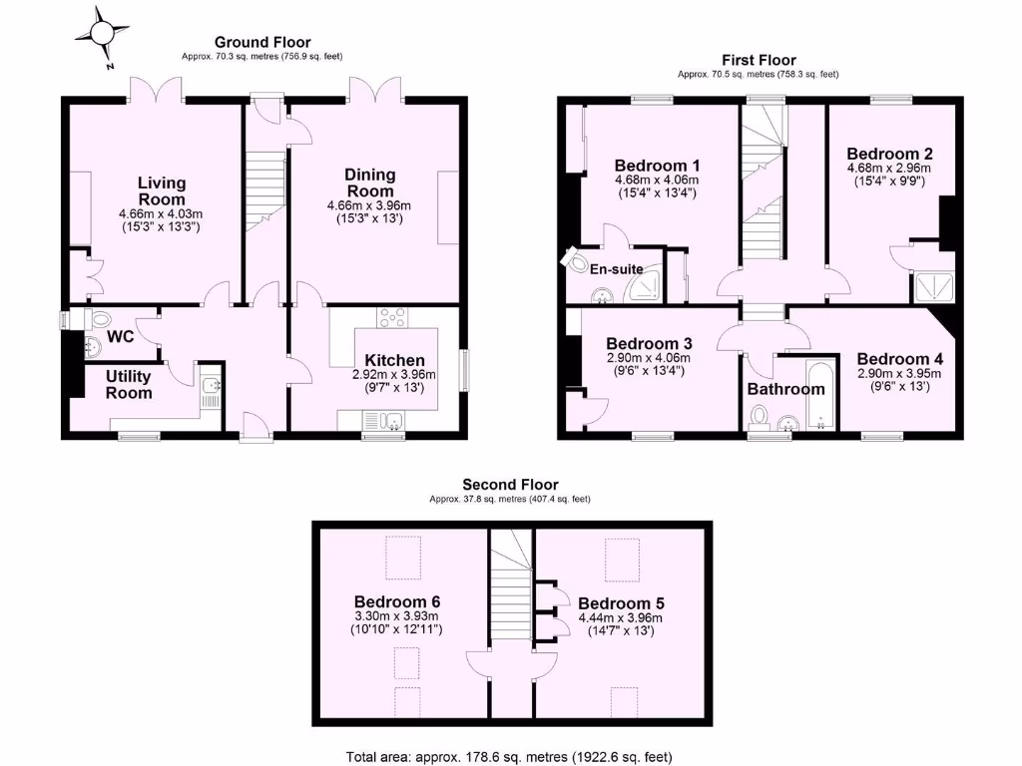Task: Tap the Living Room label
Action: (161, 191)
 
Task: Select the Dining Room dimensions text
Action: (370, 211)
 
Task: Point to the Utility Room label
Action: (129, 384)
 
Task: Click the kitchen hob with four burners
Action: (390, 318)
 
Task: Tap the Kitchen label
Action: (394, 360)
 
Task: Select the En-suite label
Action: (616, 269)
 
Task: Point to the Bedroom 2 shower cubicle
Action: (933, 287)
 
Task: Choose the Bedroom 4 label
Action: (899, 359)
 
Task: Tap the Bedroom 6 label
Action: (397, 602)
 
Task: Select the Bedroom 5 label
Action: (621, 603)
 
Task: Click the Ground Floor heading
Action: (262, 42)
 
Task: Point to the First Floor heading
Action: (759, 60)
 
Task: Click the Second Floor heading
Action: (510, 485)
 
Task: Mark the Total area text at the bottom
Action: (515, 756)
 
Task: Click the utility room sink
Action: (211, 384)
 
